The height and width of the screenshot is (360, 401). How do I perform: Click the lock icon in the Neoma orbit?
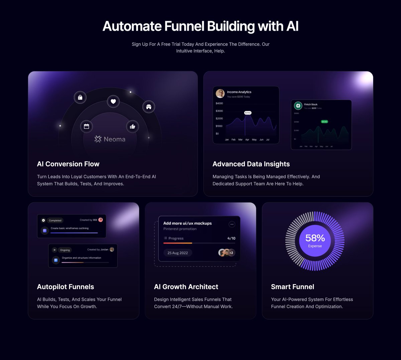(80, 97)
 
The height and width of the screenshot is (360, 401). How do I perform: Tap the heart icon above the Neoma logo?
(113, 101)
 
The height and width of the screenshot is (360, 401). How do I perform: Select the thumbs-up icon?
(132, 126)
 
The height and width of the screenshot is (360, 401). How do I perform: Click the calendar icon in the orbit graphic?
(87, 126)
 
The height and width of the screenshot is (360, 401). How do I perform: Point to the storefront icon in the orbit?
(149, 107)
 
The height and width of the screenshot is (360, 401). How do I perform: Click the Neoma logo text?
(110, 139)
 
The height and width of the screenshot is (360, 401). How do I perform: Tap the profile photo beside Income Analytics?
(220, 94)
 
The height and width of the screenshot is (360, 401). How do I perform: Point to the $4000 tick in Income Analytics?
(219, 103)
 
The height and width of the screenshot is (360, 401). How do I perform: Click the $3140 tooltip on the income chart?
(248, 113)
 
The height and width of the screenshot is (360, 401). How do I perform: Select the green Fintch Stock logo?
(298, 106)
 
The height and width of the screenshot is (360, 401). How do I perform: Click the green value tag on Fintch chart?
(324, 122)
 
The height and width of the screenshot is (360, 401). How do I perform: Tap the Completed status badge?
(55, 220)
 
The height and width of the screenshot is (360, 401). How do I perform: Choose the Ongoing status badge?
(65, 250)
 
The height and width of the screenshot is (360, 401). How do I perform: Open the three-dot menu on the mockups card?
(232, 224)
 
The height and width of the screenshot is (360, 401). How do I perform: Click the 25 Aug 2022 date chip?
(178, 253)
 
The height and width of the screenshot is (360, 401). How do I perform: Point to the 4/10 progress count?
(231, 238)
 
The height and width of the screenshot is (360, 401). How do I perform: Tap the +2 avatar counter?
(231, 253)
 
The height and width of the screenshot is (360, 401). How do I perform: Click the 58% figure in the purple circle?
(315, 238)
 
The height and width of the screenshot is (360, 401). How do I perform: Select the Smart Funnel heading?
(292, 287)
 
